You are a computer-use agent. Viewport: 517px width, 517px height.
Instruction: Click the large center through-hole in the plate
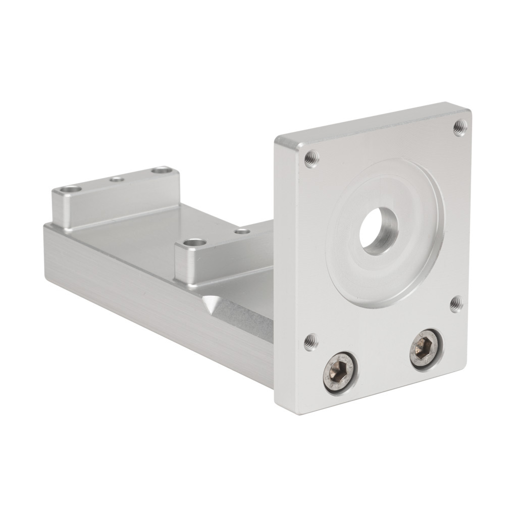click(379, 230)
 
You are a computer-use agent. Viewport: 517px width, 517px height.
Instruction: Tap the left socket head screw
click(340, 373)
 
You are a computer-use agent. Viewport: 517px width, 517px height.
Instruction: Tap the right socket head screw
click(426, 349)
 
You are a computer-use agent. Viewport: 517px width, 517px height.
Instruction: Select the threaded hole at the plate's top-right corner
click(459, 127)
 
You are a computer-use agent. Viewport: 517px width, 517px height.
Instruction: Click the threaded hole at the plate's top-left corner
click(312, 159)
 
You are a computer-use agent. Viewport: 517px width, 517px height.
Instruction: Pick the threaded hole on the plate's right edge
click(456, 304)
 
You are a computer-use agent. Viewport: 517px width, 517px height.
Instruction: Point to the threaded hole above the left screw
click(311, 342)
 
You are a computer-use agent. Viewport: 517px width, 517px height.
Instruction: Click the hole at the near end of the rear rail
click(70, 191)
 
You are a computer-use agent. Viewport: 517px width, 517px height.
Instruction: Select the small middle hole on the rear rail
click(117, 179)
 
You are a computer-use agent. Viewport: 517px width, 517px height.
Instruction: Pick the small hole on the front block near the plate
click(243, 231)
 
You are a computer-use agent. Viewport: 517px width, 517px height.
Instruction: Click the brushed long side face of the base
click(151, 298)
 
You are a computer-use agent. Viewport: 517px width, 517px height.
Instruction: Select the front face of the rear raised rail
click(116, 202)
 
